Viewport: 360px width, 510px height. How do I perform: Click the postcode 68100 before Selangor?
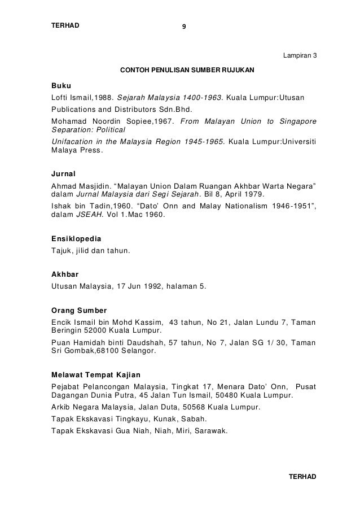pos(117,350)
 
